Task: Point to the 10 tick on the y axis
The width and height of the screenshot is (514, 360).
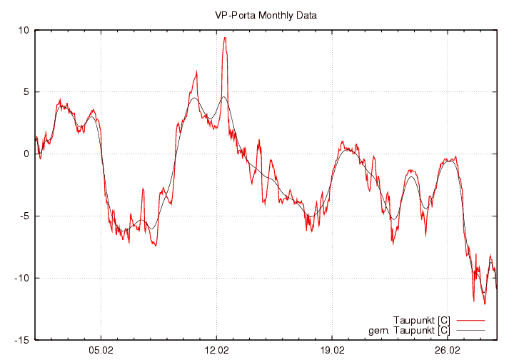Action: pyautogui.click(x=24, y=30)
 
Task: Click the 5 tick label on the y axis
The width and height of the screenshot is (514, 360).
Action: pyautogui.click(x=26, y=92)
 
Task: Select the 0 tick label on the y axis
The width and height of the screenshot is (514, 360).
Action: pyautogui.click(x=26, y=154)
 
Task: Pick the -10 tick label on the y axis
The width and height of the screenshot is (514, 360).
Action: pyautogui.click(x=22, y=278)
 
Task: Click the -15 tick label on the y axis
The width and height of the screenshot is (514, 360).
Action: pyautogui.click(x=22, y=340)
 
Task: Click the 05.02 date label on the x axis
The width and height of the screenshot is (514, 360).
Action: pyautogui.click(x=101, y=351)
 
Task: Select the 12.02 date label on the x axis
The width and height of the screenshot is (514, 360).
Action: pyautogui.click(x=216, y=351)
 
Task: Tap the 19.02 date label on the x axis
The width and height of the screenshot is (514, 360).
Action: pyautogui.click(x=332, y=351)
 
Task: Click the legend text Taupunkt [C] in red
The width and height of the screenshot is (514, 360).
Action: pyautogui.click(x=421, y=320)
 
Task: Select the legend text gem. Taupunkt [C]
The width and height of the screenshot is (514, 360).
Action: pyautogui.click(x=409, y=330)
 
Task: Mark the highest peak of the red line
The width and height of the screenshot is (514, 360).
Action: pyautogui.click(x=225, y=38)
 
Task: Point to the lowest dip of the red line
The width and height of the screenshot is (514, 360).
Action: pyautogui.click(x=484, y=304)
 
